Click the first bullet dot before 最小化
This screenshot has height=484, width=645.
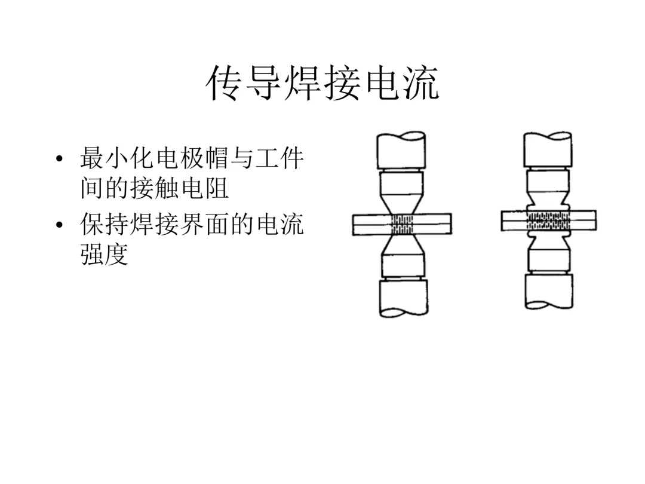[x=59, y=160]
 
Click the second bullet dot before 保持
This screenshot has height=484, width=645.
[x=59, y=226]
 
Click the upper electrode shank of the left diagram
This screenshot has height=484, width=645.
[x=401, y=151]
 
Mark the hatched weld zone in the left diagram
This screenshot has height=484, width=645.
[x=401, y=224]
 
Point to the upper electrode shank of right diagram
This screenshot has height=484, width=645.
[x=548, y=149]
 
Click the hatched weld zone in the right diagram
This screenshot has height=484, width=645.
[x=548, y=220]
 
